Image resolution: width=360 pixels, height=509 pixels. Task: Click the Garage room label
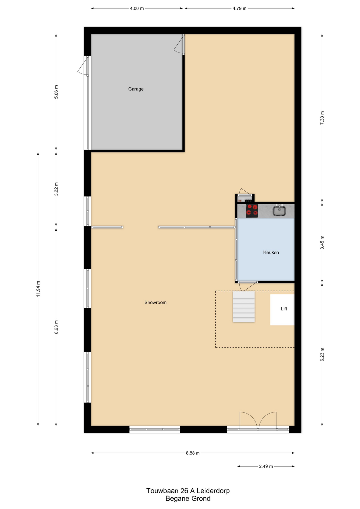click(136, 89)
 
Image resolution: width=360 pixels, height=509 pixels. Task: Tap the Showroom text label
click(155, 302)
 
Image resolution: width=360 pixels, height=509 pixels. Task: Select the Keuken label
click(271, 252)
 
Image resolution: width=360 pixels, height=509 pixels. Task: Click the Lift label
click(284, 309)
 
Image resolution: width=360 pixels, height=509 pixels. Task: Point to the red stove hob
click(252, 211)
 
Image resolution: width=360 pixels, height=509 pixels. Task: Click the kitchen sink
click(279, 211)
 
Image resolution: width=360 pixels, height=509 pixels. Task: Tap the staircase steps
click(244, 307)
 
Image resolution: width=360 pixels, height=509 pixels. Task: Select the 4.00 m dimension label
click(137, 8)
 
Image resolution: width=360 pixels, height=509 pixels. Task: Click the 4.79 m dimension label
click(239, 8)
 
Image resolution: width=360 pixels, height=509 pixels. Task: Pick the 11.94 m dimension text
click(38, 289)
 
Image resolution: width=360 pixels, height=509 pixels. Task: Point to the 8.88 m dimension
click(193, 453)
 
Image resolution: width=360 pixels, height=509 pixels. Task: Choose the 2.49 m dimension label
click(266, 466)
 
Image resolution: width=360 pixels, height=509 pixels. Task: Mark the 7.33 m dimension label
click(322, 118)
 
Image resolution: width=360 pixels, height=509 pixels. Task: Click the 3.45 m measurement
click(322, 243)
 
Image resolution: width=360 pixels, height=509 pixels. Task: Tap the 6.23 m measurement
click(322, 354)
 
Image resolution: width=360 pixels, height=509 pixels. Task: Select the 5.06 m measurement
click(56, 92)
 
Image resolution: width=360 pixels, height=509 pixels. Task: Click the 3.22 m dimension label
click(56, 189)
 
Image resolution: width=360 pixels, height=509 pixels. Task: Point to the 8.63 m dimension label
click(56, 327)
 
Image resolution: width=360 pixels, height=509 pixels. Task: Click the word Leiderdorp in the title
click(213, 491)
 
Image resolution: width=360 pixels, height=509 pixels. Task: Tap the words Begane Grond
click(188, 499)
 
